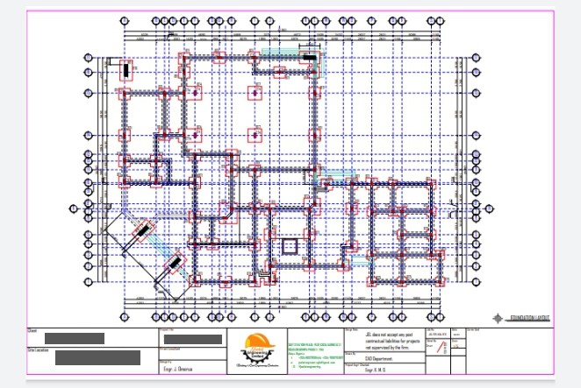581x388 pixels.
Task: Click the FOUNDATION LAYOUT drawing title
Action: tap(531, 319)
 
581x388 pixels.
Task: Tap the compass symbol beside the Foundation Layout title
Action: tap(499, 319)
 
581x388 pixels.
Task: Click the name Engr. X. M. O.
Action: tap(356, 371)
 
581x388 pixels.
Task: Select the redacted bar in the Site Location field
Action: tap(97, 357)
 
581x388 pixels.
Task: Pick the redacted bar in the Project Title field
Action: tap(192, 340)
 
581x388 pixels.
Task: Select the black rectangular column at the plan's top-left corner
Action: tap(126, 68)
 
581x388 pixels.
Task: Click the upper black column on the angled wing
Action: tap(140, 232)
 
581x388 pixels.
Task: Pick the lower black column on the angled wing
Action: tap(175, 262)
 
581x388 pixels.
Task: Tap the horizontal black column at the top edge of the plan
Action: tap(310, 57)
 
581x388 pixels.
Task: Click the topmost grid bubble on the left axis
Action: tap(88, 58)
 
